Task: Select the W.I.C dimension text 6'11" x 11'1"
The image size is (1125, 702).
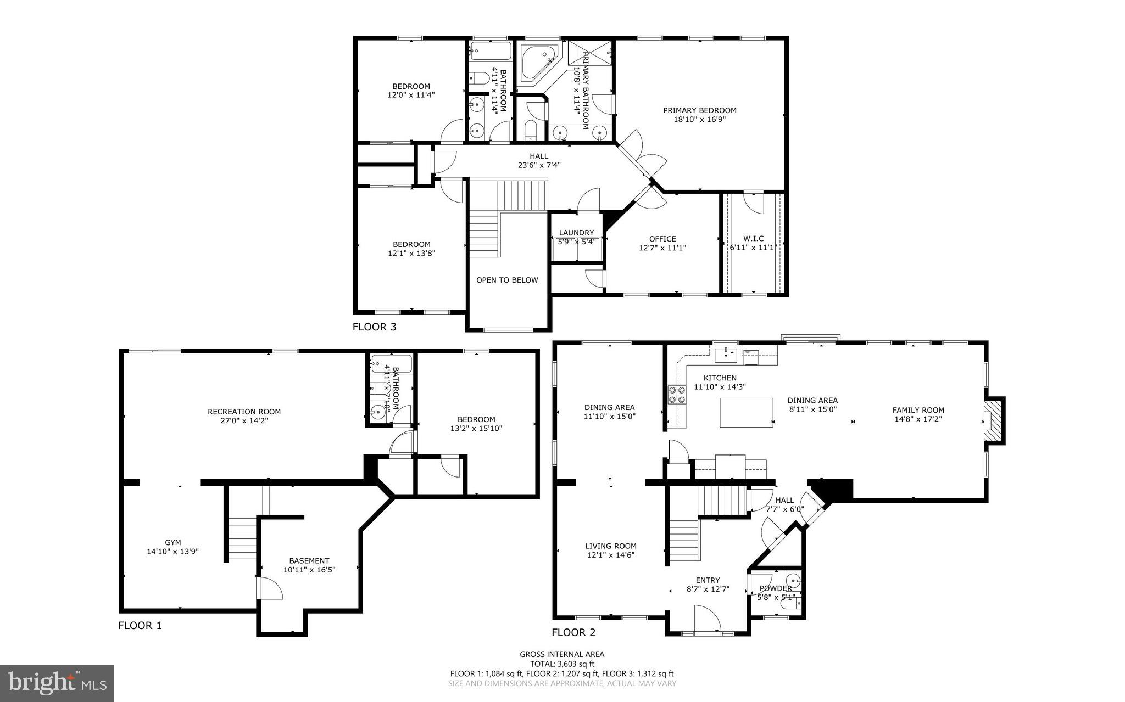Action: pos(753,248)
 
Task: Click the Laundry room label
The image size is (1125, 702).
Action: pos(576,233)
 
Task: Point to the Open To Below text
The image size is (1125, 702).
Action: pos(506,280)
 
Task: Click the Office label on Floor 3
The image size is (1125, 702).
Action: pos(662,239)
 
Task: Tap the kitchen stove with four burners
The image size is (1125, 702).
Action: pos(677,395)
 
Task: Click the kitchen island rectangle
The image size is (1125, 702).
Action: pos(746,413)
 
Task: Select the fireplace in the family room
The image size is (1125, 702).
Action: pos(992,420)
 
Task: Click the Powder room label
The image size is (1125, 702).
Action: pos(776,588)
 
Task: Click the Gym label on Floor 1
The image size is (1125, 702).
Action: pos(172,542)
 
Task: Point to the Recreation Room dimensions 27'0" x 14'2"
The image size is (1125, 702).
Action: pos(244,421)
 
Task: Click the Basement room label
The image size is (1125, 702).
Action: pos(309,561)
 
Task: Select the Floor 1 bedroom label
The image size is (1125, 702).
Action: pos(476,419)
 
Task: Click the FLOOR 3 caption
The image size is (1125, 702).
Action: pos(374,327)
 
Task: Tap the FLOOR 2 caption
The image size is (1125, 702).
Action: pos(573,632)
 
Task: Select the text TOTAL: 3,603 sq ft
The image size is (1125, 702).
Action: pos(561,664)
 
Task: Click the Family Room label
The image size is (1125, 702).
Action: pos(918,410)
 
